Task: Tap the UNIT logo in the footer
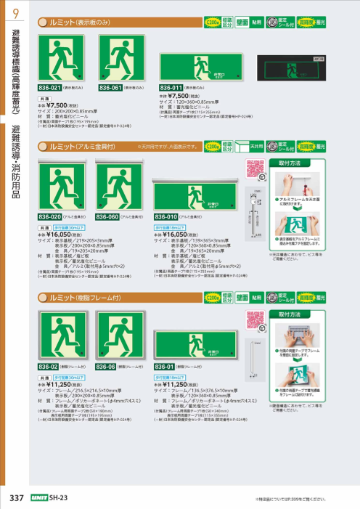[39, 497]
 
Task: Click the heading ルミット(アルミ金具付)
[79, 147]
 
